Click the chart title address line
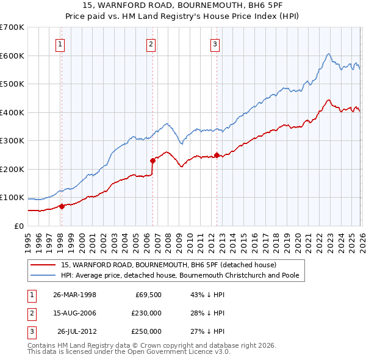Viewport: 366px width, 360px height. [x=183, y=5]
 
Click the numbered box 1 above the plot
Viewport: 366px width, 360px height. [x=61, y=43]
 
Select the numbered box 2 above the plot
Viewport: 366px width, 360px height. [x=151, y=43]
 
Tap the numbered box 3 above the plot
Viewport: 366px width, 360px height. [x=215, y=43]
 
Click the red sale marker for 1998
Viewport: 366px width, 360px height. [x=62, y=206]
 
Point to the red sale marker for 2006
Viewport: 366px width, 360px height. [x=152, y=160]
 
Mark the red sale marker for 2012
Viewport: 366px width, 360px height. [x=217, y=155]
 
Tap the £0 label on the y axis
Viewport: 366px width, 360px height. [x=18, y=226]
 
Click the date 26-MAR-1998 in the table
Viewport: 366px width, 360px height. [x=74, y=295]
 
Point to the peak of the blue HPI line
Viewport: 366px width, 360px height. [x=328, y=54]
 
